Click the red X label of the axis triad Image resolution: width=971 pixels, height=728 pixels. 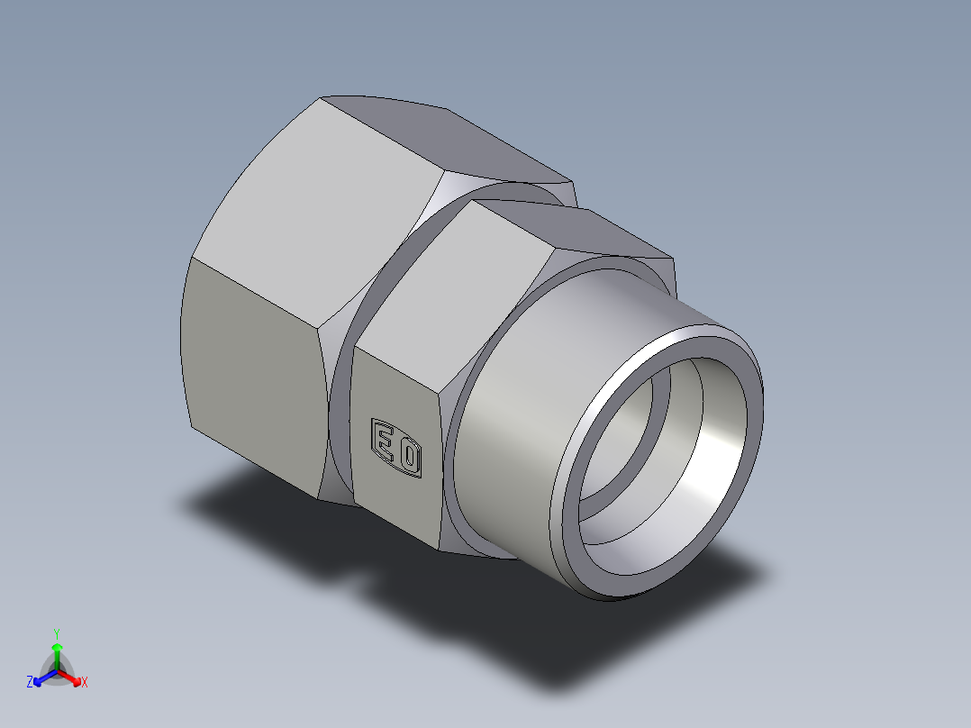click(x=85, y=683)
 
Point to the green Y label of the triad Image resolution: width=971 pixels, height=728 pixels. click(x=56, y=632)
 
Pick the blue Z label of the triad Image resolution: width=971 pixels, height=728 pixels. click(x=30, y=683)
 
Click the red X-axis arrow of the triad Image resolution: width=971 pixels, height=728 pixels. click(x=72, y=677)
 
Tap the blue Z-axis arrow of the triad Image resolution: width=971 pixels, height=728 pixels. click(x=41, y=677)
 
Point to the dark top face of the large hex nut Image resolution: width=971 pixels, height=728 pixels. click(x=450, y=135)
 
